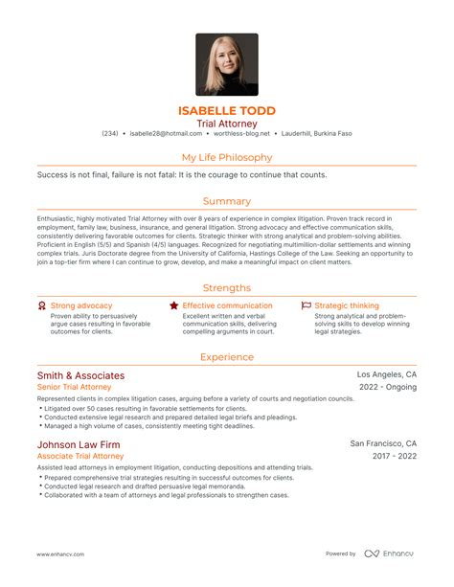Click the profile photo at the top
227,65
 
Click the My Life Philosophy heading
227,157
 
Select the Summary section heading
227,201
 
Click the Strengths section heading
227,287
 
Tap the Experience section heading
227,356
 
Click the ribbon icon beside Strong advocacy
41,305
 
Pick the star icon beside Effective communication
173,305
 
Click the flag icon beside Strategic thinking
306,305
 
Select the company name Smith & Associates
80,375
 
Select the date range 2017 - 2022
391,457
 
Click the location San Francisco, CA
383,444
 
